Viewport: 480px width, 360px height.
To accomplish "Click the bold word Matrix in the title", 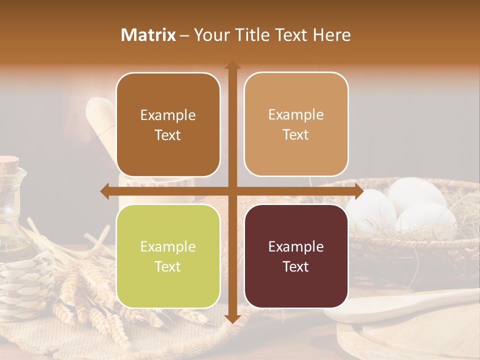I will coord(148,35).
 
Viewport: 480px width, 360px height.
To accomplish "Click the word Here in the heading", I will coord(332,35).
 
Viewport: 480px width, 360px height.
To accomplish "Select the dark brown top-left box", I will coord(168,125).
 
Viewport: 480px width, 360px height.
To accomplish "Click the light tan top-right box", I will coord(296,124).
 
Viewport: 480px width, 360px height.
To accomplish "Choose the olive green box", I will coord(168,256).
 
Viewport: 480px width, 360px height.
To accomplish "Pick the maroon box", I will coord(296,256).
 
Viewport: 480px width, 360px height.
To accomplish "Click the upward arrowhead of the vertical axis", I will coord(232,65).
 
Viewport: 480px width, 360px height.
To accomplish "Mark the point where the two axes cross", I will coord(232,191).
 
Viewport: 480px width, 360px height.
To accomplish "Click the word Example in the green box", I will coord(168,247).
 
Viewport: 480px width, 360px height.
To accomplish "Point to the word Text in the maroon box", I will coord(296,266).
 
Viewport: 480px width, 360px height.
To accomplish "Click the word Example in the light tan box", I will coord(296,115).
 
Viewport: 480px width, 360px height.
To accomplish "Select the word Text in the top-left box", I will coord(168,135).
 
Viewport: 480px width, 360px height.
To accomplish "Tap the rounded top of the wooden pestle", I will coord(100,107).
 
